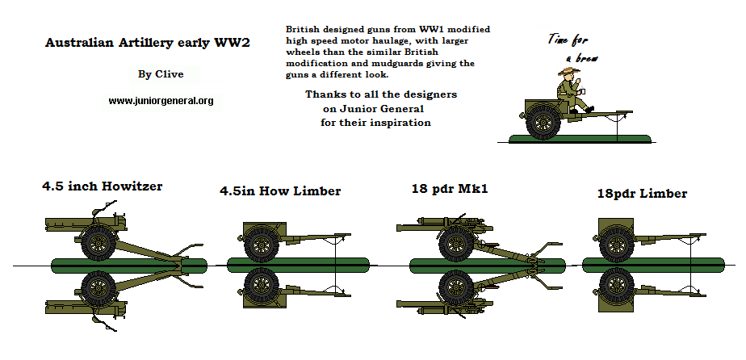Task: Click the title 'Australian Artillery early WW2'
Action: click(146, 43)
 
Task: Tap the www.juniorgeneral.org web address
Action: click(161, 101)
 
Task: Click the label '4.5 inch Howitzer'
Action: click(103, 186)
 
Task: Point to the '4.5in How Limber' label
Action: click(280, 191)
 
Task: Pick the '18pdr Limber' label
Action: click(642, 194)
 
